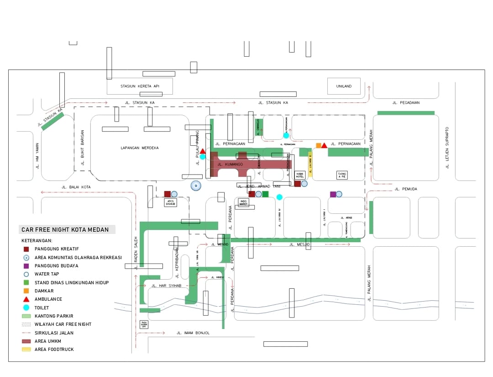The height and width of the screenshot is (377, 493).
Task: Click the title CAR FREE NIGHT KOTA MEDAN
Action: click(65, 229)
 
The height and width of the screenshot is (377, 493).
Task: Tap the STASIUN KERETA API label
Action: click(140, 86)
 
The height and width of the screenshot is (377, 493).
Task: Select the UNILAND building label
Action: click(344, 86)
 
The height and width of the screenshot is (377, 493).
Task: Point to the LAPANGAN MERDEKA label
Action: click(140, 148)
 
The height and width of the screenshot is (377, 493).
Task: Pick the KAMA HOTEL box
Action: click(300, 175)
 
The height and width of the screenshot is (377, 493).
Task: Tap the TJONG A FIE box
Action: click(341, 175)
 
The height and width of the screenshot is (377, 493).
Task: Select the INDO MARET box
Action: click(244, 202)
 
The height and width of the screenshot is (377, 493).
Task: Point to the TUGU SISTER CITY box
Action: click(144, 324)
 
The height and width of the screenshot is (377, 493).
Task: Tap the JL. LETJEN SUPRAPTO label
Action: click(448, 148)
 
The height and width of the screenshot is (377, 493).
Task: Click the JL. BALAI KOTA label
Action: click(76, 187)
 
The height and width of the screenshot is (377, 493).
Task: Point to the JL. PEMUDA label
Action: click(405, 189)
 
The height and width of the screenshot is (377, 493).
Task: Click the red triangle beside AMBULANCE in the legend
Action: click(26, 299)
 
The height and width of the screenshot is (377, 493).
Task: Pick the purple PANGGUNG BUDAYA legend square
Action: click(26, 265)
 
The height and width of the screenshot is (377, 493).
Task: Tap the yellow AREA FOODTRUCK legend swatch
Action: click(26, 350)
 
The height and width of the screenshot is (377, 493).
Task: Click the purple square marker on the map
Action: click(333, 194)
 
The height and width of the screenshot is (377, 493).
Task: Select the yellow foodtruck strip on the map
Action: click(310, 165)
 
